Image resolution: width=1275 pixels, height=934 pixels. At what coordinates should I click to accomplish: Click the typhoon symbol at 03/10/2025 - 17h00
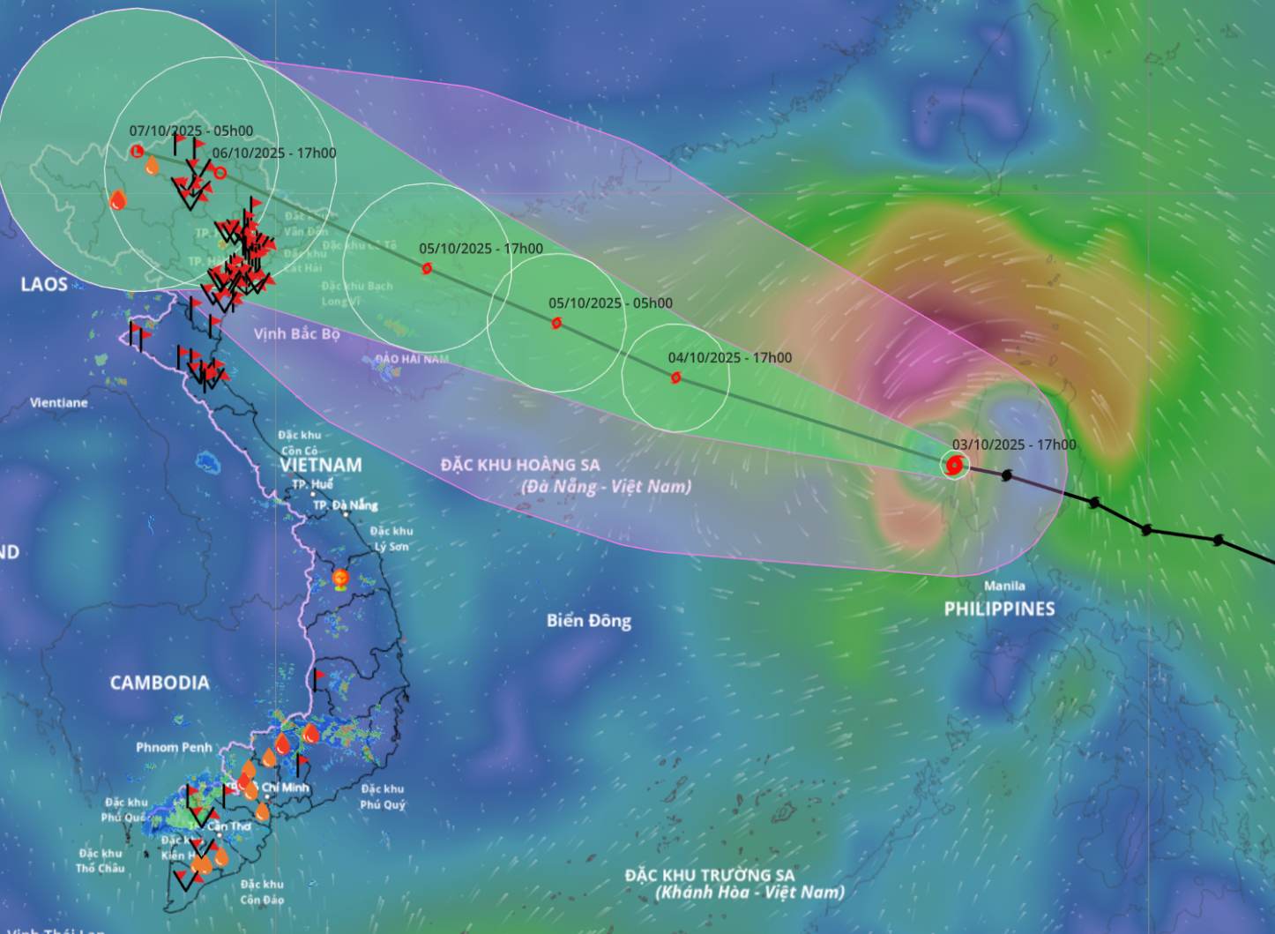(x=953, y=465)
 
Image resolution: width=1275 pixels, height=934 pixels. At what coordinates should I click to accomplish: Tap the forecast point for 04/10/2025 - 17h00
(x=675, y=377)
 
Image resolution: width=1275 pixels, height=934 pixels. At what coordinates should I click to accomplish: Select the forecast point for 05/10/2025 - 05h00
(x=556, y=323)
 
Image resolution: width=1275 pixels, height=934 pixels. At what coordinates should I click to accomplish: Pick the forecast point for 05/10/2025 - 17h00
(x=427, y=268)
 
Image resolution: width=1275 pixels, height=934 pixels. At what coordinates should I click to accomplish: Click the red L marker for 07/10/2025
(x=137, y=152)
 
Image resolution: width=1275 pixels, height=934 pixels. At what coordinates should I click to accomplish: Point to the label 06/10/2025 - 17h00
(x=274, y=153)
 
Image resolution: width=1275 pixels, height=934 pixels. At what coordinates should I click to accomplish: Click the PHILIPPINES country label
(x=999, y=609)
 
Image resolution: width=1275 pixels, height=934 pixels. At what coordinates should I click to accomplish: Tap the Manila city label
(x=1004, y=586)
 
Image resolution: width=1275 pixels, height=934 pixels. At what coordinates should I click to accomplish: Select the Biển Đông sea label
(x=588, y=620)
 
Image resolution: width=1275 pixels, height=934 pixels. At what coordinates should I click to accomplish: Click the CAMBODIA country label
(x=160, y=682)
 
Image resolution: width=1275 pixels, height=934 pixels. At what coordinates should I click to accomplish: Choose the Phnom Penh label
(x=174, y=747)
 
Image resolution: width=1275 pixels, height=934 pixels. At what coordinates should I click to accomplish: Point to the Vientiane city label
(x=59, y=402)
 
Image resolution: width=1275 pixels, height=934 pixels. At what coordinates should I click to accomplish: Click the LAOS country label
(x=44, y=284)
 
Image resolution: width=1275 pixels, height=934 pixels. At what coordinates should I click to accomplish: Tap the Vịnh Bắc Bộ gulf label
(x=297, y=333)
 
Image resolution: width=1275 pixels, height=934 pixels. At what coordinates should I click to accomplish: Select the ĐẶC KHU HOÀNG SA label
(x=520, y=465)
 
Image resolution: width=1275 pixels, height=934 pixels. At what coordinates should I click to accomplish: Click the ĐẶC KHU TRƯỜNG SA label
(x=710, y=875)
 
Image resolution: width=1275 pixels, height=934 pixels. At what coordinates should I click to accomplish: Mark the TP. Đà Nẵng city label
(x=345, y=504)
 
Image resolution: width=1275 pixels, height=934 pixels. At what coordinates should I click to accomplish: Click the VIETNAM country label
(x=321, y=465)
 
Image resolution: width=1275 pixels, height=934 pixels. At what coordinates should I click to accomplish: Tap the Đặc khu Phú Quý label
(x=383, y=796)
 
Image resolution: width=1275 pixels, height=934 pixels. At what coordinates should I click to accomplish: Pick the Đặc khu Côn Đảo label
(x=262, y=891)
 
